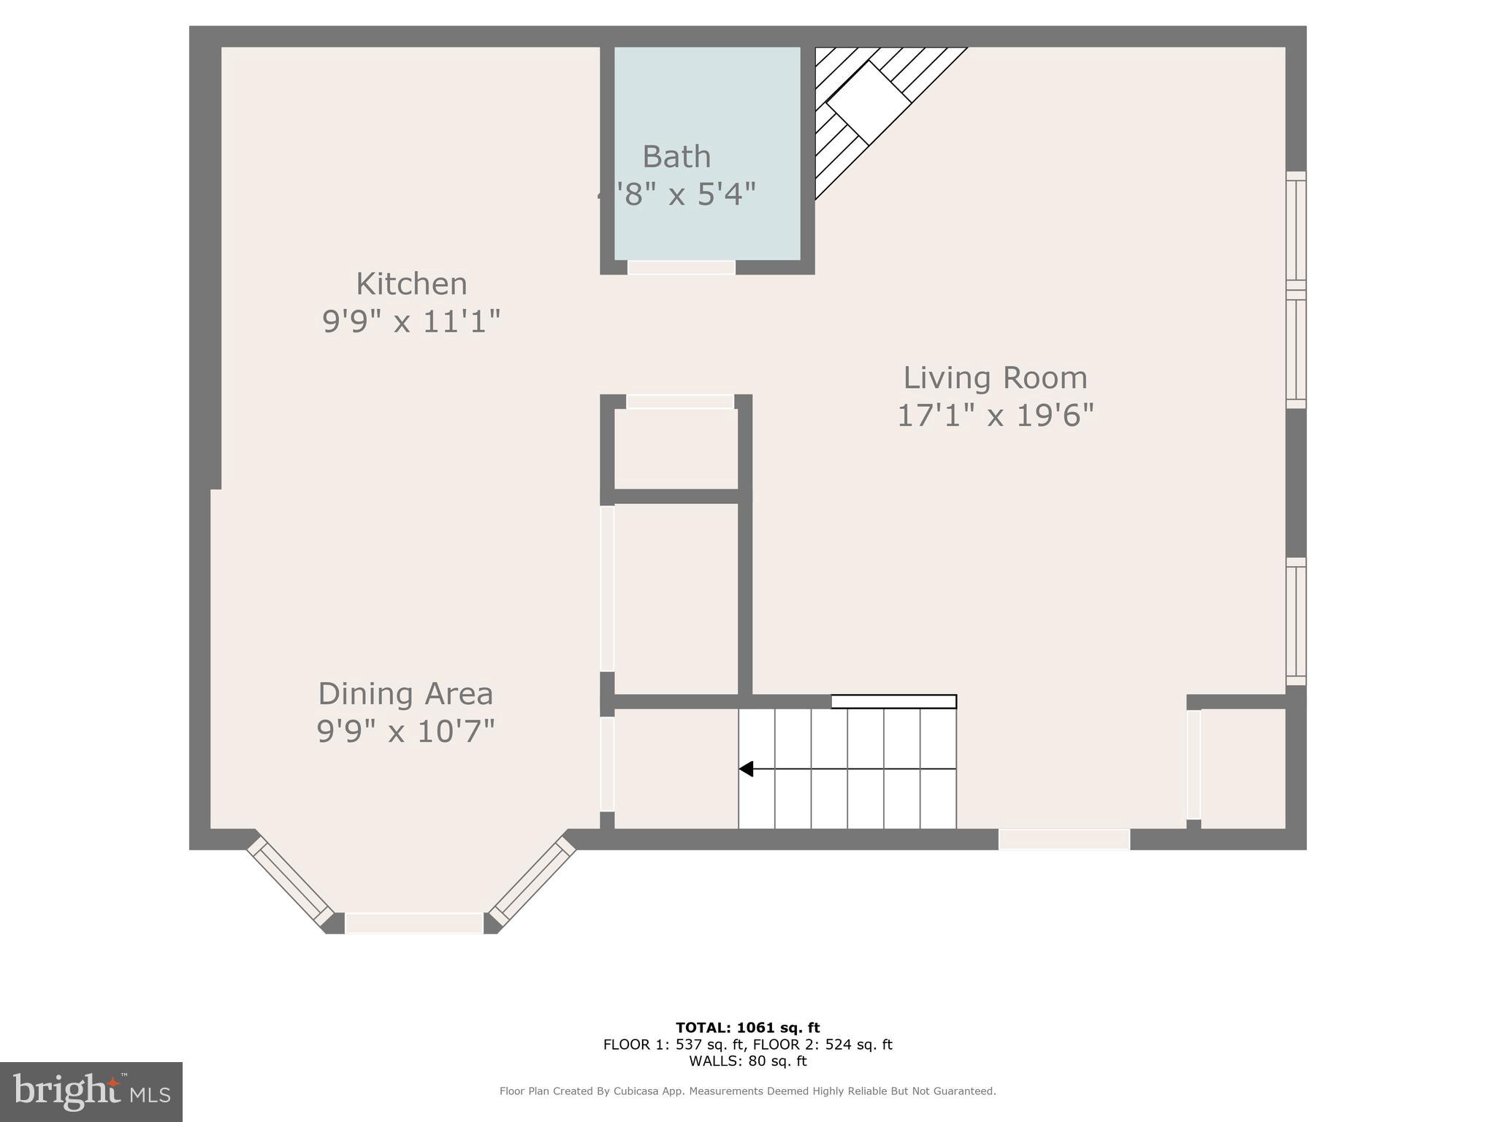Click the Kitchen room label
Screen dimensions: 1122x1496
(411, 284)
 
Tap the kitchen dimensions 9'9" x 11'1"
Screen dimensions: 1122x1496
(411, 321)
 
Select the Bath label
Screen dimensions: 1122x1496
(676, 157)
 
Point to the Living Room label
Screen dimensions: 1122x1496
(995, 378)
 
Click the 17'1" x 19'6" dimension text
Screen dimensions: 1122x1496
(995, 416)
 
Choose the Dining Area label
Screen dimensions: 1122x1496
(405, 694)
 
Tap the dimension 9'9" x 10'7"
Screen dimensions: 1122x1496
(405, 731)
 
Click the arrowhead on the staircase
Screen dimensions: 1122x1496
(746, 769)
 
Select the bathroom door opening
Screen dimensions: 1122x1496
(681, 267)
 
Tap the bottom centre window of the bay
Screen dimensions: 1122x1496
(413, 923)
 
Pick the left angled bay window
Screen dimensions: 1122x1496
(290, 880)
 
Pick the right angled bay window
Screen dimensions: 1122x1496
(533, 880)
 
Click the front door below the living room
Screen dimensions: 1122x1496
(1064, 839)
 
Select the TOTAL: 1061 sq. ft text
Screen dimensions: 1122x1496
(747, 1028)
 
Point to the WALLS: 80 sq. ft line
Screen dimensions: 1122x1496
(747, 1061)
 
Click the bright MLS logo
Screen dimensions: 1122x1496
(91, 1092)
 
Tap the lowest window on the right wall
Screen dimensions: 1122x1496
(1295, 622)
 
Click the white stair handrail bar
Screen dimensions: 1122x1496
(893, 702)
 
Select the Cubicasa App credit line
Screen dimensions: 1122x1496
(747, 1091)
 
